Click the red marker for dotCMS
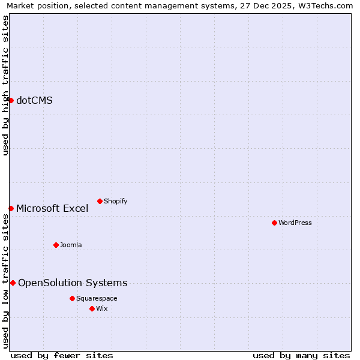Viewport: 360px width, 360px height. pos(11,100)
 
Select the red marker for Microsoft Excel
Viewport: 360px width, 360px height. pos(11,208)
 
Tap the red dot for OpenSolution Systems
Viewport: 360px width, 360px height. pos(13,283)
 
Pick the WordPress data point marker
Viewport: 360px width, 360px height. pos(274,223)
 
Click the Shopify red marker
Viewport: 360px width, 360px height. pos(100,201)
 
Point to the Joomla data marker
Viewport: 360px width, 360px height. pos(56,245)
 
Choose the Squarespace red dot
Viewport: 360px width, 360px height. pos(72,298)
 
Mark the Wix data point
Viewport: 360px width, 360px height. pos(92,308)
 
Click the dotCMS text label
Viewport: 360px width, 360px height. pos(34,100)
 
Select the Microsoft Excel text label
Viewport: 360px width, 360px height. pos(52,208)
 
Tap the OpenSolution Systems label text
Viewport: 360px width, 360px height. pos(73,283)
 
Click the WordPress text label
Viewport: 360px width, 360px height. pos(295,223)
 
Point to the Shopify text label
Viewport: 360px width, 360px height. pos(115,201)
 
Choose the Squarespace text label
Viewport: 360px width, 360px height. pos(97,298)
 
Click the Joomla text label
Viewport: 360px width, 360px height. pos(71,245)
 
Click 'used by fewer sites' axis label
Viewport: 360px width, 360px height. pos(62,355)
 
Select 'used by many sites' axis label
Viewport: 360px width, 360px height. pos(301,355)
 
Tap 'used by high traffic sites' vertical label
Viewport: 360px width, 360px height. pos(5,85)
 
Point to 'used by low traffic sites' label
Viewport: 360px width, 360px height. pos(5,281)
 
